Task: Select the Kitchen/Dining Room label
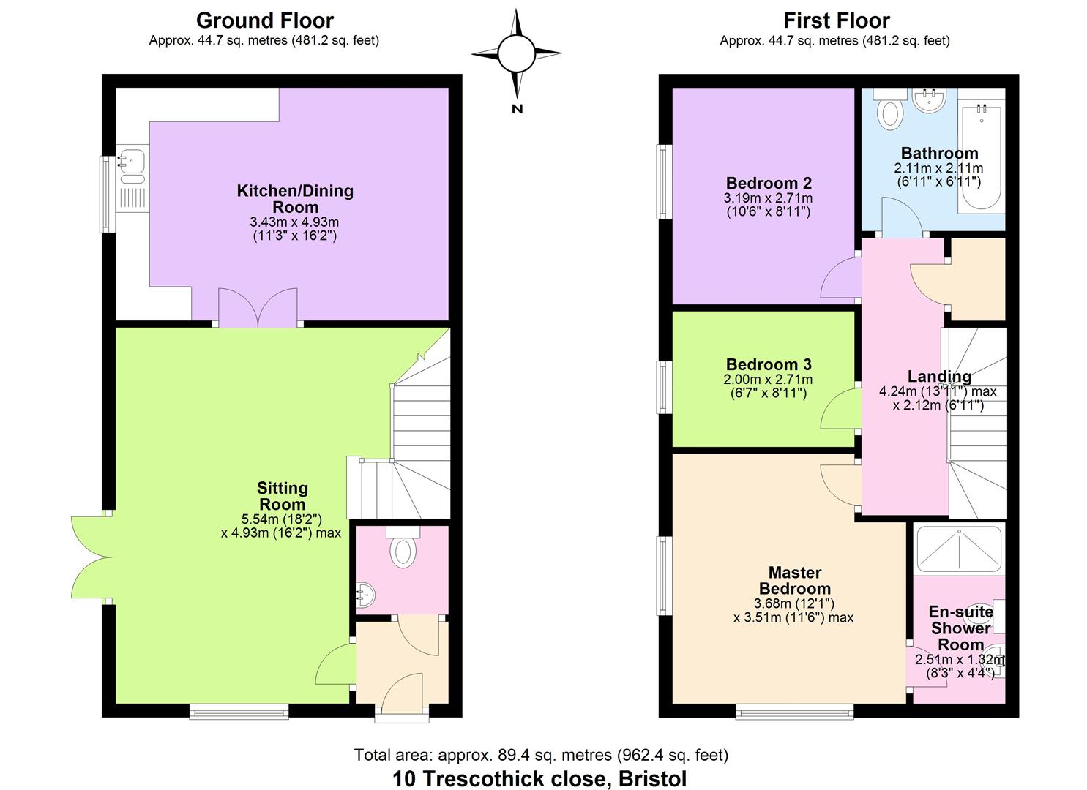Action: pyautogui.click(x=295, y=198)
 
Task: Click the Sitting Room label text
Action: pyautogui.click(x=282, y=496)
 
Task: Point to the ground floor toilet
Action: pyautogui.click(x=402, y=548)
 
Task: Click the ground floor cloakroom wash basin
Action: pyautogui.click(x=365, y=598)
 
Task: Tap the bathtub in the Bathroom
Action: pyautogui.click(x=980, y=156)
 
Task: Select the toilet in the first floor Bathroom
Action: pyautogui.click(x=890, y=111)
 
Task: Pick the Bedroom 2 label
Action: pyautogui.click(x=768, y=183)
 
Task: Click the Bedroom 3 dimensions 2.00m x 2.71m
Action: pyautogui.click(x=768, y=380)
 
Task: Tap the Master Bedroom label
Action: pyautogui.click(x=794, y=580)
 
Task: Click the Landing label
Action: pyautogui.click(x=939, y=376)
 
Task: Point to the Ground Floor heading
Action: pyautogui.click(x=264, y=20)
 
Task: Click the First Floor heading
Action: pyautogui.click(x=836, y=20)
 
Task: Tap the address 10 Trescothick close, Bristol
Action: pyautogui.click(x=539, y=778)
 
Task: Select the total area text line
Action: pyautogui.click(x=541, y=754)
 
